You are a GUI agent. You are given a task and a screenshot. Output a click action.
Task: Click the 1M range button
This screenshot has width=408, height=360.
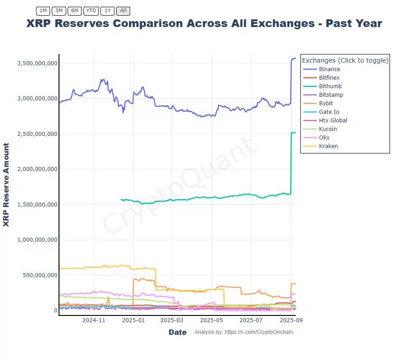point(43,10)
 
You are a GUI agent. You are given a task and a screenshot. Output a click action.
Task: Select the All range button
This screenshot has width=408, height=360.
point(123,10)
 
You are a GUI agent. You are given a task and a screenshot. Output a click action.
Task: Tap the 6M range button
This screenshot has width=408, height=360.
point(74,10)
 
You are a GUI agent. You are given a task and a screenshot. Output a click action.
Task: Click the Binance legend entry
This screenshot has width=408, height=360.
point(329,69)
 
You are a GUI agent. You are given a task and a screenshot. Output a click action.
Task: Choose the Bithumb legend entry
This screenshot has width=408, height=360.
point(330,86)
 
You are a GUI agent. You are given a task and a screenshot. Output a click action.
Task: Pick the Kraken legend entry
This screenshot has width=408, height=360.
point(328,146)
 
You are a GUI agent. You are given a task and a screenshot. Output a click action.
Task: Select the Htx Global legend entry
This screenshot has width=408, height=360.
point(333,121)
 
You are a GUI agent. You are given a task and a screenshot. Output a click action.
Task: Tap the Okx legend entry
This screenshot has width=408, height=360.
point(324,138)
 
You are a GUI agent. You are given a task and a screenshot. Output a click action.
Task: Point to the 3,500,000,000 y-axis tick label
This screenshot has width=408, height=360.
point(37,63)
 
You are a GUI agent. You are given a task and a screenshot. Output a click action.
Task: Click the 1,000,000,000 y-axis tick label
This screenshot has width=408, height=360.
point(37,240)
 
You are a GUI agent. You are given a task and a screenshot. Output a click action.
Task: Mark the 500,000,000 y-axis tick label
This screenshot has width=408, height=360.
point(40,275)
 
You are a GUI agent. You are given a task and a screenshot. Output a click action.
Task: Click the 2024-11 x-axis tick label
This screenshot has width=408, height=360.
point(94,320)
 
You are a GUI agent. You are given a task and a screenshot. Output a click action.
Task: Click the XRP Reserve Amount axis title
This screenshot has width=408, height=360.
point(6,184)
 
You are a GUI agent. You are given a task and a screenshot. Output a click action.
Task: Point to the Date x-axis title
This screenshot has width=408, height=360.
point(177,332)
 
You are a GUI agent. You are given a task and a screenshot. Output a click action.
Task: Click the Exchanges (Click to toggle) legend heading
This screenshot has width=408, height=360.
point(345,60)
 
